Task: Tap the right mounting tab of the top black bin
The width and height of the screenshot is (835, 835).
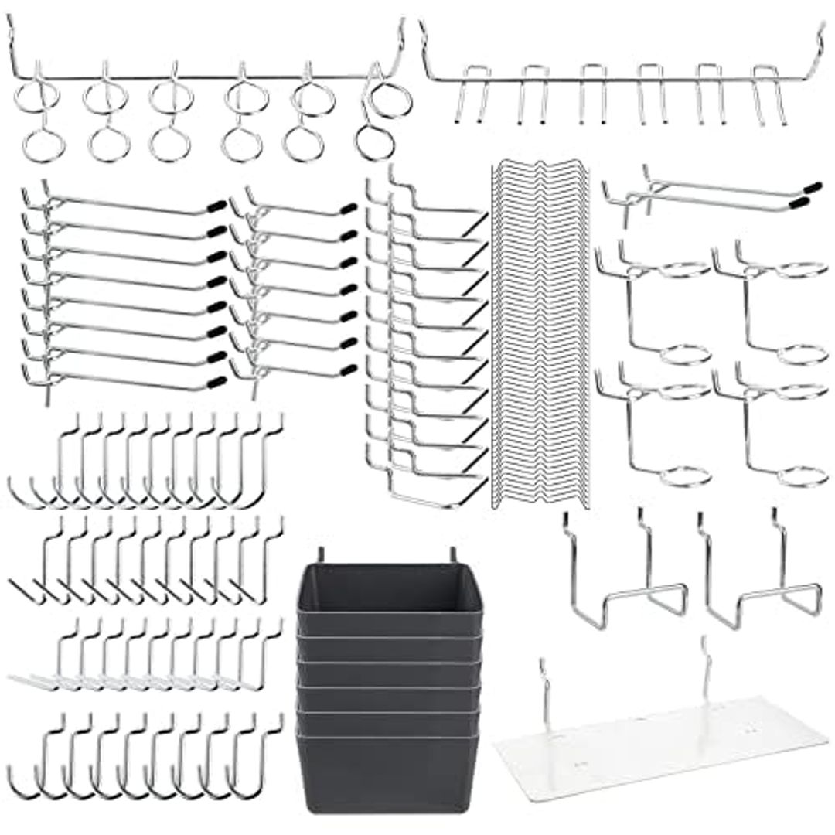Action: tap(450, 556)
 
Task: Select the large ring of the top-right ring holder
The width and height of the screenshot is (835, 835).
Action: tap(801, 270)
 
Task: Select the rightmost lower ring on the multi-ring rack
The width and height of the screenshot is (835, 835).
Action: tap(374, 144)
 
